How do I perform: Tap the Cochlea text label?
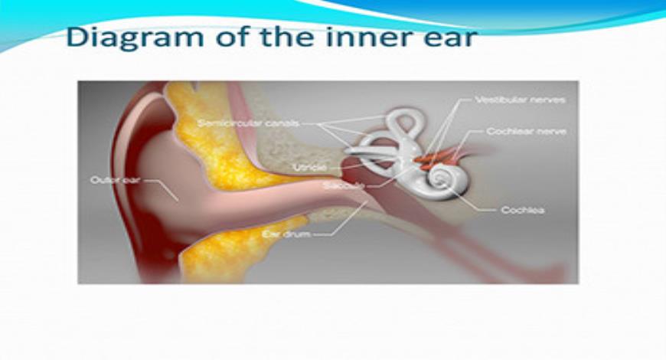(523, 209)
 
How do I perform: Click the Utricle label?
(309, 166)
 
